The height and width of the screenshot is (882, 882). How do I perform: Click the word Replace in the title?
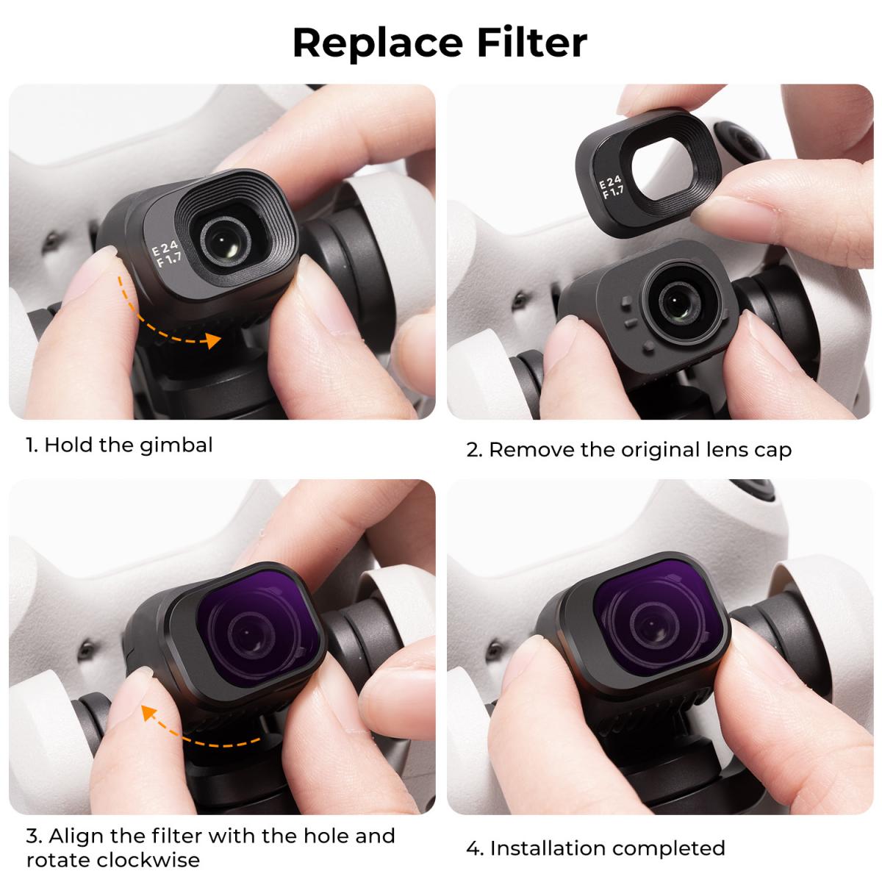(375, 43)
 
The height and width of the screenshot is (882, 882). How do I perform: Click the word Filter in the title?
(531, 42)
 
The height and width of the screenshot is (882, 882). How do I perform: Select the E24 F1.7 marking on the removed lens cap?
(612, 188)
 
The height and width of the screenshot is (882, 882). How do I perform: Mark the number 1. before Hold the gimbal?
(32, 445)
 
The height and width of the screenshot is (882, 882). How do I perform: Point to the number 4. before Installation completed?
(475, 848)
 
